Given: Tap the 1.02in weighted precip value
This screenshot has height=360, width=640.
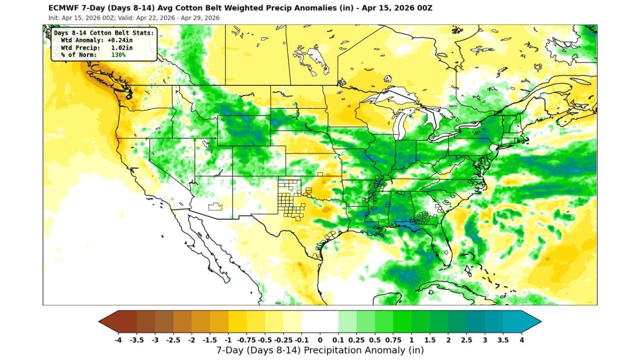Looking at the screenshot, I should (x=121, y=47).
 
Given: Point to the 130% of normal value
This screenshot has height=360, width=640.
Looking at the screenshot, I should (x=118, y=54).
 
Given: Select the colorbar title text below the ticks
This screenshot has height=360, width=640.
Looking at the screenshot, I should (x=320, y=350).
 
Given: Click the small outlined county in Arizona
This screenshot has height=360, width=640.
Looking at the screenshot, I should (x=215, y=207).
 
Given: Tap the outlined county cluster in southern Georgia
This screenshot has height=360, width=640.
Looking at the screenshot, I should (x=424, y=218).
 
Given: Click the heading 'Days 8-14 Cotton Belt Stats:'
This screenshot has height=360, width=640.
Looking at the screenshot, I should (x=104, y=33).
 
